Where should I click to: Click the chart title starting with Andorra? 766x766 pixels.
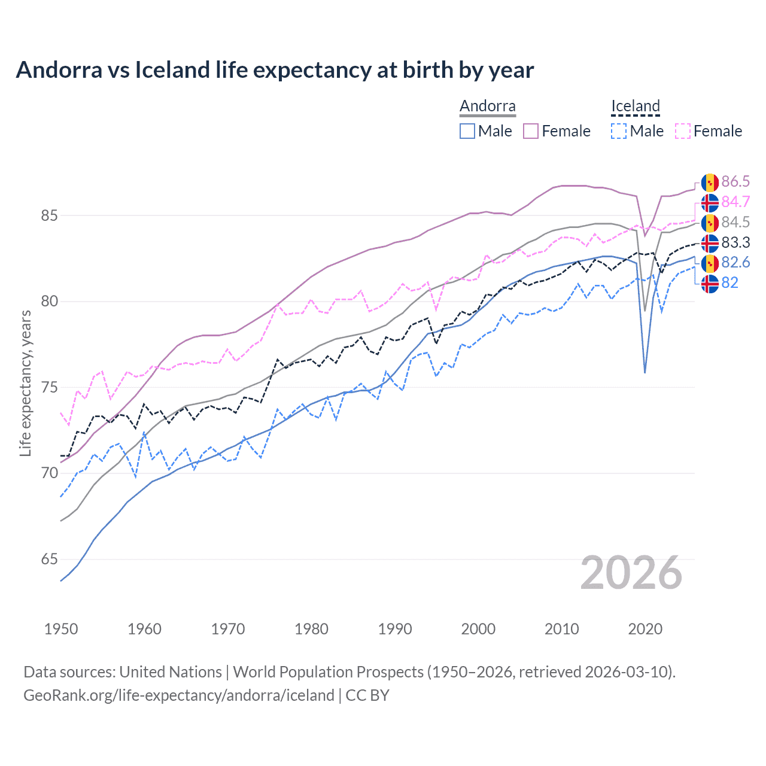[275, 70]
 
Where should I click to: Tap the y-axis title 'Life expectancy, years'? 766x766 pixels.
[25, 383]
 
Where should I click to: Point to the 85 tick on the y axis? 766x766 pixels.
[50, 215]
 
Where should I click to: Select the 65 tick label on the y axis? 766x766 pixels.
[50, 560]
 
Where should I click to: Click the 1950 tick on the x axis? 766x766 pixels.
[61, 629]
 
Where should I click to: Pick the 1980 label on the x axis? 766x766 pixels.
[311, 629]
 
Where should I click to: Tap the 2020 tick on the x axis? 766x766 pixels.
[645, 629]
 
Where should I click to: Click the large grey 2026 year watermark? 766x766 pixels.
[631, 573]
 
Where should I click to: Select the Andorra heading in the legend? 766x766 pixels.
[488, 107]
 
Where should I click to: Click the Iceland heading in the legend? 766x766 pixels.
[635, 107]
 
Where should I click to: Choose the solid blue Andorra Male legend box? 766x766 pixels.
[467, 131]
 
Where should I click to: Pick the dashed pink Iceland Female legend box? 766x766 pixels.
[683, 131]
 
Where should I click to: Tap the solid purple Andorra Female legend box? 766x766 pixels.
[531, 131]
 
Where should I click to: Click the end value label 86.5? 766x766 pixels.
[735, 182]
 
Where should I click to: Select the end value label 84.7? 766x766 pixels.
[735, 202]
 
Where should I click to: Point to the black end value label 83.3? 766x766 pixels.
[735, 242]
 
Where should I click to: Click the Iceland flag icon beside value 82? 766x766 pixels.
[710, 284]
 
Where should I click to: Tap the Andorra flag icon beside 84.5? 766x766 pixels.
[710, 223]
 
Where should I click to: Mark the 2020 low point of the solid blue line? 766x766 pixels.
[645, 373]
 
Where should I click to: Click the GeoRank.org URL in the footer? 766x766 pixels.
[178, 695]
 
